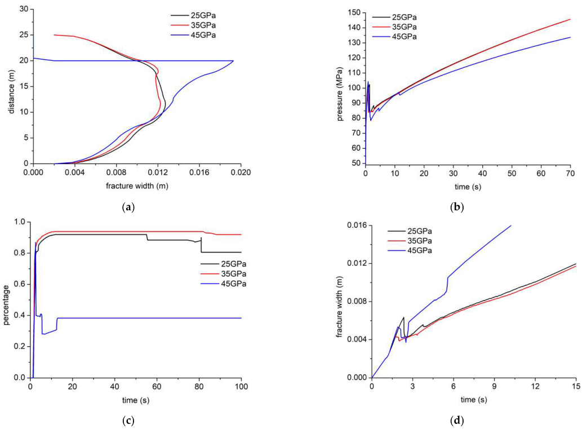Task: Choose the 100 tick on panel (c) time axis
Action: (241, 387)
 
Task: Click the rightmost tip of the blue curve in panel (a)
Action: (233, 61)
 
